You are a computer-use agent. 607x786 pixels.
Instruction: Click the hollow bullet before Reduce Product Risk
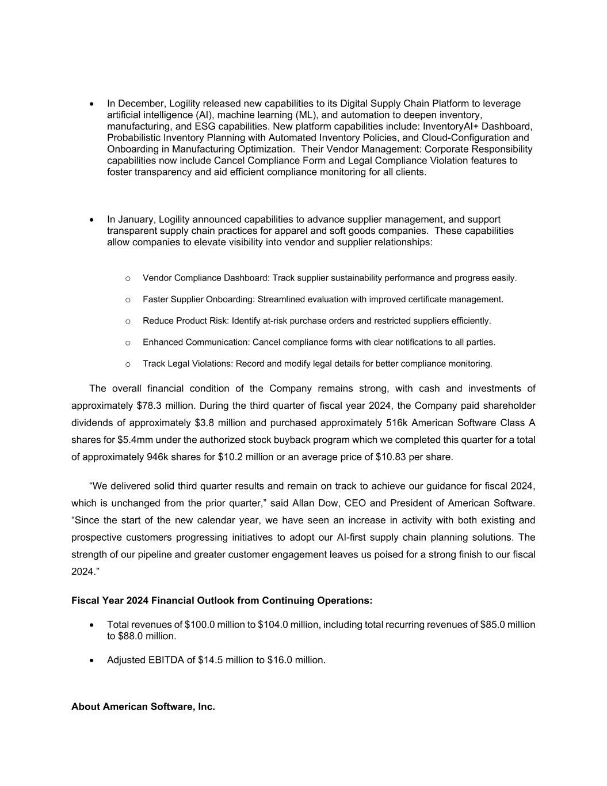(128, 321)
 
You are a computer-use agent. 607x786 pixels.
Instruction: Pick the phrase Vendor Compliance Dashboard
(205, 278)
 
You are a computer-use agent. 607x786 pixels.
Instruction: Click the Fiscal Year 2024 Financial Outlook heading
(222, 601)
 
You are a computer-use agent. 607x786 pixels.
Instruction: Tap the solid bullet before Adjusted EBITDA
(92, 660)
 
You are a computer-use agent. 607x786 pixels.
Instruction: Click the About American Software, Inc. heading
(143, 707)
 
